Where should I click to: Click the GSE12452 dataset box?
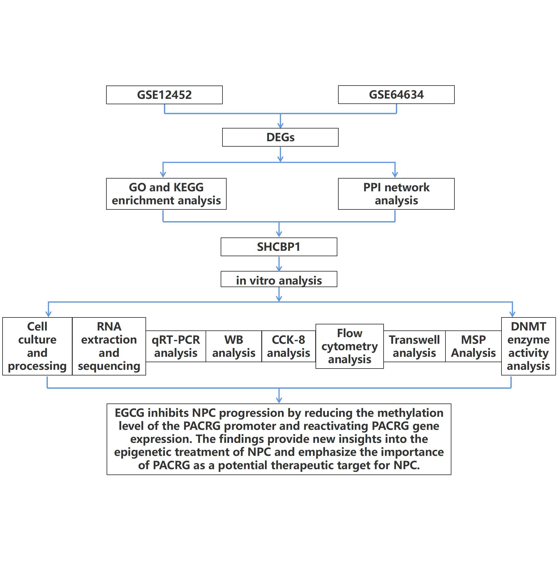click(x=164, y=95)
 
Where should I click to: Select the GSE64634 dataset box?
click(x=396, y=94)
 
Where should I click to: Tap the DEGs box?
click(x=280, y=137)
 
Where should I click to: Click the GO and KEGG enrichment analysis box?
click(x=166, y=194)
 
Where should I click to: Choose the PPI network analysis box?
click(x=396, y=194)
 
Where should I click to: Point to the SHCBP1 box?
click(x=278, y=247)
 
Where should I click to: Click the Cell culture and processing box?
click(x=37, y=346)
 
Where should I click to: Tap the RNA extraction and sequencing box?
click(x=109, y=346)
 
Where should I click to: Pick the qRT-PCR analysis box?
click(x=176, y=346)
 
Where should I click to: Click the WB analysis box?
click(x=233, y=346)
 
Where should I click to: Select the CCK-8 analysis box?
click(x=288, y=346)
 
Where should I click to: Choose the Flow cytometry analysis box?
click(x=349, y=346)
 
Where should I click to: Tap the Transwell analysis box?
click(x=414, y=346)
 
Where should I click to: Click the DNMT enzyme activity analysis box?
click(x=528, y=346)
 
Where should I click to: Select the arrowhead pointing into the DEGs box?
click(x=280, y=125)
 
